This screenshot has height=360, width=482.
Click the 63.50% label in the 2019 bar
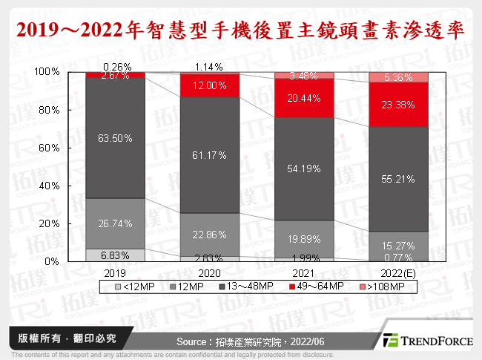(114, 137)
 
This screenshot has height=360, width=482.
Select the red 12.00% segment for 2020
(208, 85)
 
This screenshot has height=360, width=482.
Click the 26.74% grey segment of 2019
(114, 223)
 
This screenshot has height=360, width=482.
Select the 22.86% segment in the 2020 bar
(208, 235)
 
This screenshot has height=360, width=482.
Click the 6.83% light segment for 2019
(114, 255)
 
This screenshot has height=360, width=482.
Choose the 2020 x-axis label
(208, 272)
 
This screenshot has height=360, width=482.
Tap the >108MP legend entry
(382, 285)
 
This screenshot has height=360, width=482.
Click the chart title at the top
(241, 30)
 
